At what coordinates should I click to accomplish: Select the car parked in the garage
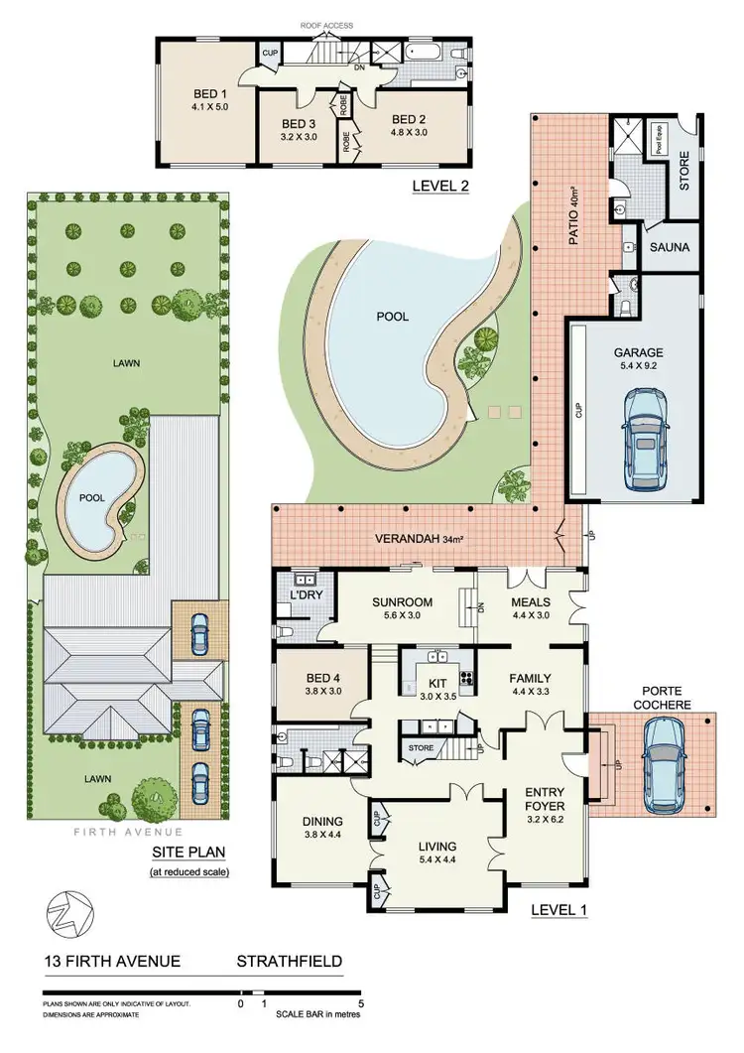click(645, 430)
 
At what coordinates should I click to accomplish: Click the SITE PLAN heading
click(188, 852)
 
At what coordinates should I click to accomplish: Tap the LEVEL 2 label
click(440, 186)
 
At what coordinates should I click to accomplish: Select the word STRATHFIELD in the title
click(289, 961)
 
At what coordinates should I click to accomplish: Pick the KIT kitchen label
click(437, 684)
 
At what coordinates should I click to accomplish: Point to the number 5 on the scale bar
click(359, 1003)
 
